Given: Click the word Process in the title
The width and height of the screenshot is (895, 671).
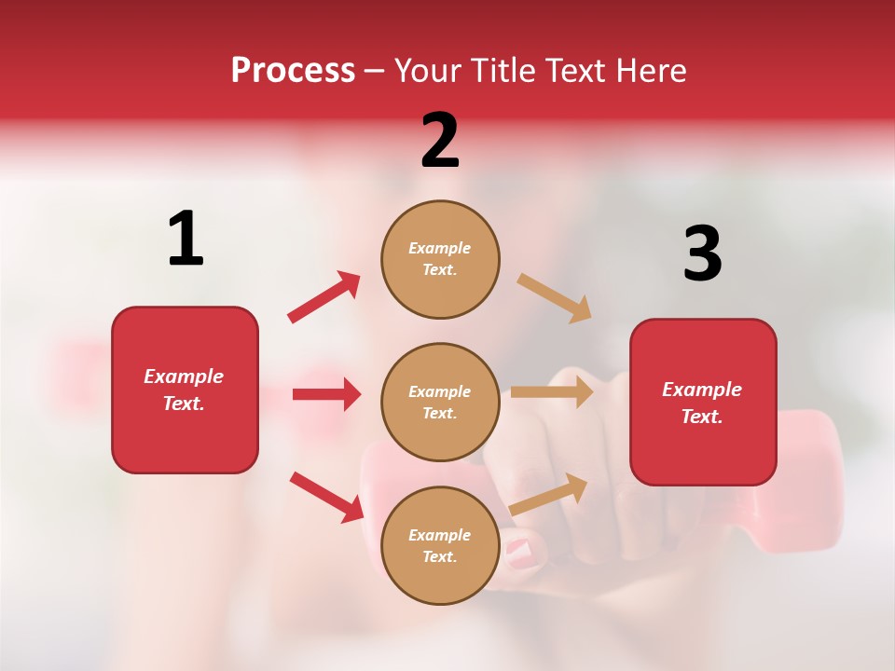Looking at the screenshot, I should [x=293, y=71].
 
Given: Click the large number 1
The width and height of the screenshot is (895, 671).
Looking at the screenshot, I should [x=186, y=239].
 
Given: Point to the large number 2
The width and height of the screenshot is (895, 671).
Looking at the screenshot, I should [x=440, y=141].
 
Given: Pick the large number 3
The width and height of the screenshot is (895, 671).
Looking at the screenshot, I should [x=702, y=253].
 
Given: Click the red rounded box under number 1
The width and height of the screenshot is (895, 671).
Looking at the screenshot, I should [x=185, y=390].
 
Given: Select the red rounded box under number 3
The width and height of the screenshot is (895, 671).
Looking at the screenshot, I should [x=703, y=403].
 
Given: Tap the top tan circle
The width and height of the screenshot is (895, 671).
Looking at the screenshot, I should [x=440, y=259].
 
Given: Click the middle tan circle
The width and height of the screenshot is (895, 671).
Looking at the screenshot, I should [x=440, y=402].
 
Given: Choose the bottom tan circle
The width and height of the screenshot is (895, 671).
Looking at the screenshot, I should [x=440, y=545].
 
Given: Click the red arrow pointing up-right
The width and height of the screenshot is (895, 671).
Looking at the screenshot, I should [x=324, y=296].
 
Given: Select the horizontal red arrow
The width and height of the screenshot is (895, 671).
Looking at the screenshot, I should [x=326, y=394].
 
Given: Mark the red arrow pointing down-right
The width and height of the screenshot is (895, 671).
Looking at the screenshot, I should [x=326, y=497].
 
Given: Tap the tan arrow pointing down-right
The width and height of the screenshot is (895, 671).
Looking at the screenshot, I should [x=555, y=298].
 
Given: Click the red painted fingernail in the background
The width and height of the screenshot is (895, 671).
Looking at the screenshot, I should [x=521, y=554].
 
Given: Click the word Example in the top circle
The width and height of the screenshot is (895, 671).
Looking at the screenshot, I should [x=439, y=248].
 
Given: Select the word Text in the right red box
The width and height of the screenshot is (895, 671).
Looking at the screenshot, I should [x=701, y=417].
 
